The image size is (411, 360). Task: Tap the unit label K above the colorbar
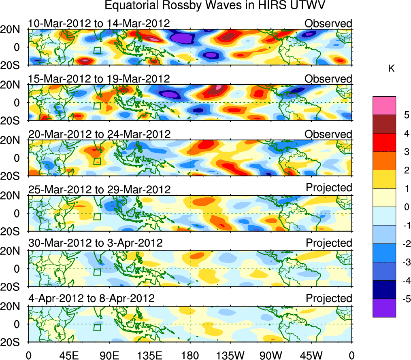tap(391, 69)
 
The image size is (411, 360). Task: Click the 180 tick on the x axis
tap(190, 355)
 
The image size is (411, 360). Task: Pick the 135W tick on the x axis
tap(230, 355)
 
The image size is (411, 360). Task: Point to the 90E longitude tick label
tap(109, 355)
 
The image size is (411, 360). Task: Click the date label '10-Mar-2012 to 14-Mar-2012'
tap(99, 23)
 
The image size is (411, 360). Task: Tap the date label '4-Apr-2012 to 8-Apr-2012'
tap(92, 299)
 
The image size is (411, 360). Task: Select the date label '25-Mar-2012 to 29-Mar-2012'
tap(99, 189)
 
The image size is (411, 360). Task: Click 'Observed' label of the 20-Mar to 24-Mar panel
tap(328, 134)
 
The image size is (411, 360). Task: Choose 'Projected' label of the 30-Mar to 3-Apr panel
tap(329, 243)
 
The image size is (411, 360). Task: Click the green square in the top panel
tap(97, 50)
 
